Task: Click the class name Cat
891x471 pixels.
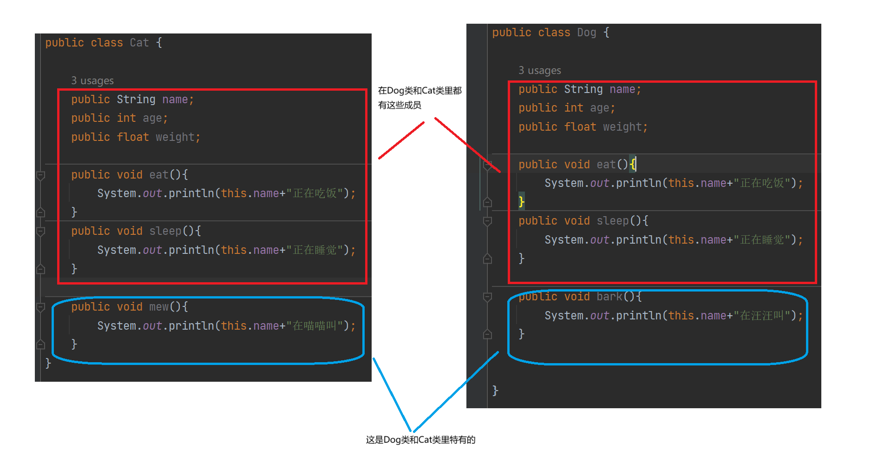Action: (139, 43)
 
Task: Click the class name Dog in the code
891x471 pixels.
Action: (586, 33)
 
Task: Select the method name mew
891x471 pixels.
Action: (159, 307)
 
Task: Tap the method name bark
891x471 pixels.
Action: (609, 297)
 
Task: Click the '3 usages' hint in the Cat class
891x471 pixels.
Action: (92, 81)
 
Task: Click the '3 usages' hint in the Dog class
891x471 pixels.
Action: (540, 71)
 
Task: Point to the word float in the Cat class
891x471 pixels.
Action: (133, 137)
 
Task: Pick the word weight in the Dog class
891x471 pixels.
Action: (622, 127)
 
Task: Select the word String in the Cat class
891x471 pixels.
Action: (136, 100)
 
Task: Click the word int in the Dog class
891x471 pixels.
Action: (574, 108)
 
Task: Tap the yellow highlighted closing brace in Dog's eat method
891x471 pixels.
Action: (521, 201)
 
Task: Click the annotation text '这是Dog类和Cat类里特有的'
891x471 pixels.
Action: (420, 440)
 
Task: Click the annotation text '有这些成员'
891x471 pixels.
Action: (400, 105)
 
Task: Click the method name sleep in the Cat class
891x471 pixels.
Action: (165, 231)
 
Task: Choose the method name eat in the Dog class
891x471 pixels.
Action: (606, 165)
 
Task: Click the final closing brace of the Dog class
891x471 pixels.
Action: (495, 391)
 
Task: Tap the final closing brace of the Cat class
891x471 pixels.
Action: (48, 363)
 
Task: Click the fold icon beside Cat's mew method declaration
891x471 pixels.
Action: (41, 307)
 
